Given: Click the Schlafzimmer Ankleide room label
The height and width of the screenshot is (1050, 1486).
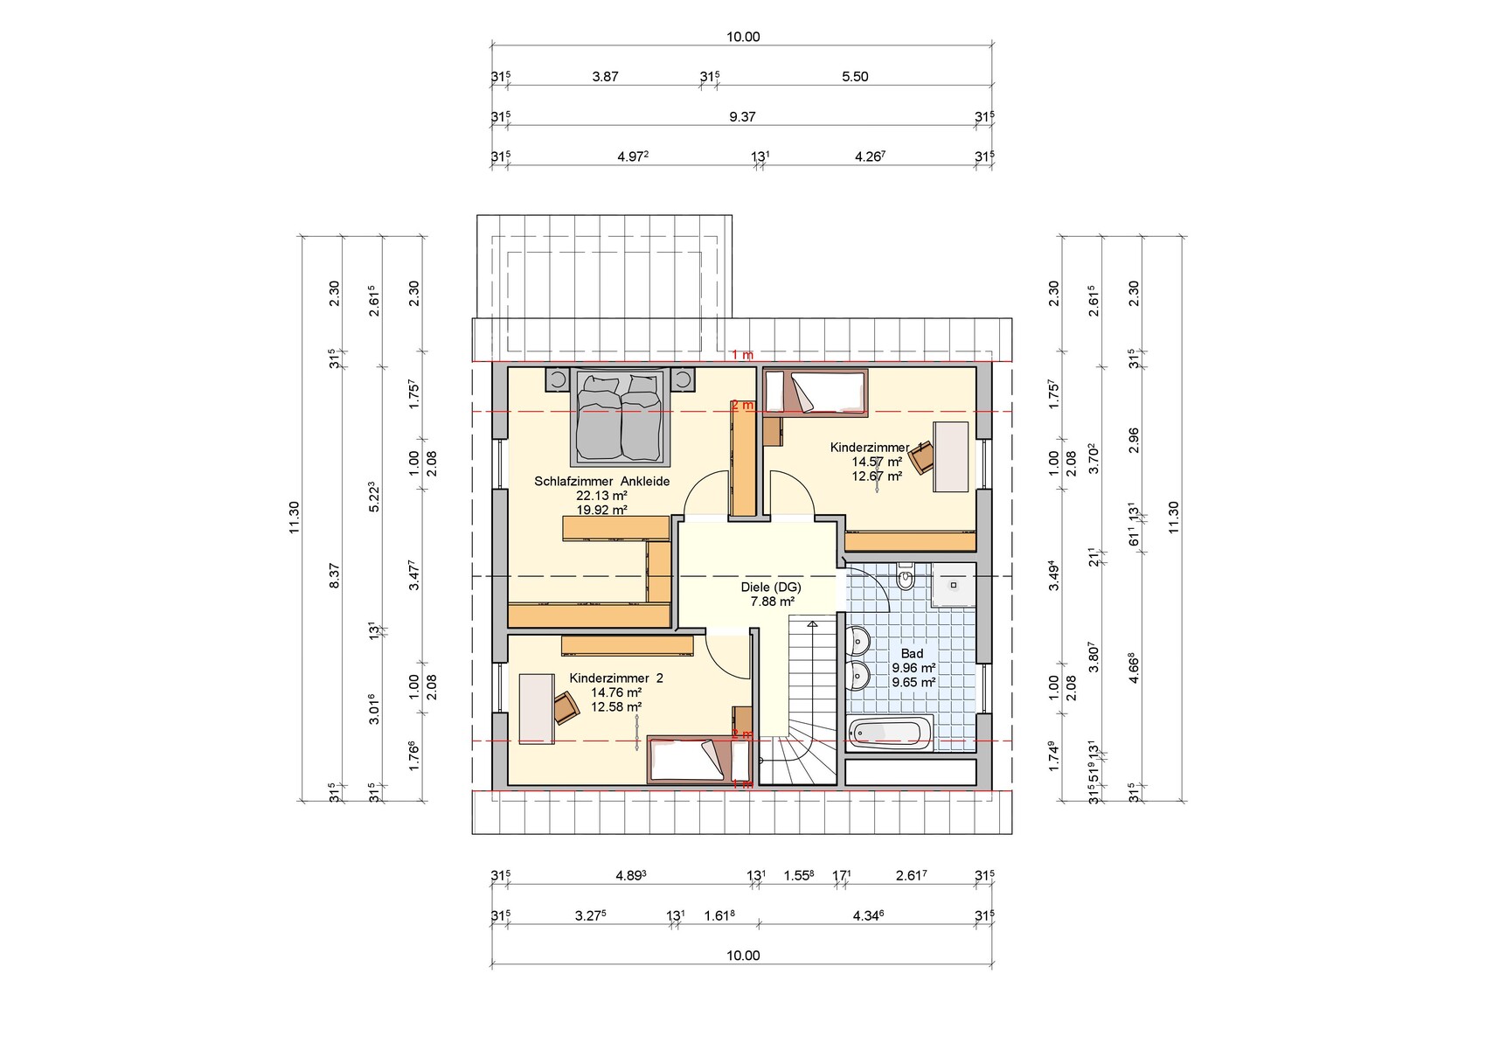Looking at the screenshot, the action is (x=601, y=482).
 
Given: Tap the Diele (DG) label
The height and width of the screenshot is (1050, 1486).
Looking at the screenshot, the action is (x=771, y=588).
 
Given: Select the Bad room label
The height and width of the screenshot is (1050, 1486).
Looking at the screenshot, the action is (x=912, y=654).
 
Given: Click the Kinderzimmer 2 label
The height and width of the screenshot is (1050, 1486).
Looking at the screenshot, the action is (x=615, y=678).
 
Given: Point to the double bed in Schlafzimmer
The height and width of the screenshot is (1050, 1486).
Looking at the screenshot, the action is (x=621, y=417).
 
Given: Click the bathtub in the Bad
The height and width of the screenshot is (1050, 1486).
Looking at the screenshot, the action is (x=890, y=734).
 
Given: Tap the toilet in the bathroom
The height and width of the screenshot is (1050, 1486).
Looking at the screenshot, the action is (x=906, y=576).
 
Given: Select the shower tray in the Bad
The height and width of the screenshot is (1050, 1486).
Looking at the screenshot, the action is (x=954, y=585).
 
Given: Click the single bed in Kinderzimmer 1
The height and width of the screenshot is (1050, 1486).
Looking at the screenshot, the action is (x=816, y=393).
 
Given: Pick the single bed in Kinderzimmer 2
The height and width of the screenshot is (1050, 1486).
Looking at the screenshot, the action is (x=699, y=759).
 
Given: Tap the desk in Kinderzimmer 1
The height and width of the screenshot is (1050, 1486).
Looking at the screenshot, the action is (x=951, y=456).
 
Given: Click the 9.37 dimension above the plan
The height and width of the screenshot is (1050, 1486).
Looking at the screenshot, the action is (x=742, y=117).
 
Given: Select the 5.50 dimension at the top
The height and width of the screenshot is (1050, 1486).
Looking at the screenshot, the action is (x=855, y=77).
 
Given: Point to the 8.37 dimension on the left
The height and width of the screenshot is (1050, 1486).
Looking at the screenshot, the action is (x=334, y=575).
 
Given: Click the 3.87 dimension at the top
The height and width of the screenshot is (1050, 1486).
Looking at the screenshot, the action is (x=605, y=77).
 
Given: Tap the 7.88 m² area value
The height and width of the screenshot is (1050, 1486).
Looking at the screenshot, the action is (x=772, y=602).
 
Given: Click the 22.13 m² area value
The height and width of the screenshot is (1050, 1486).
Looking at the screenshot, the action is (x=601, y=496).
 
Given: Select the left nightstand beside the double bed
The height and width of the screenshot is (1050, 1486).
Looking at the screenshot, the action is (x=558, y=379).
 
